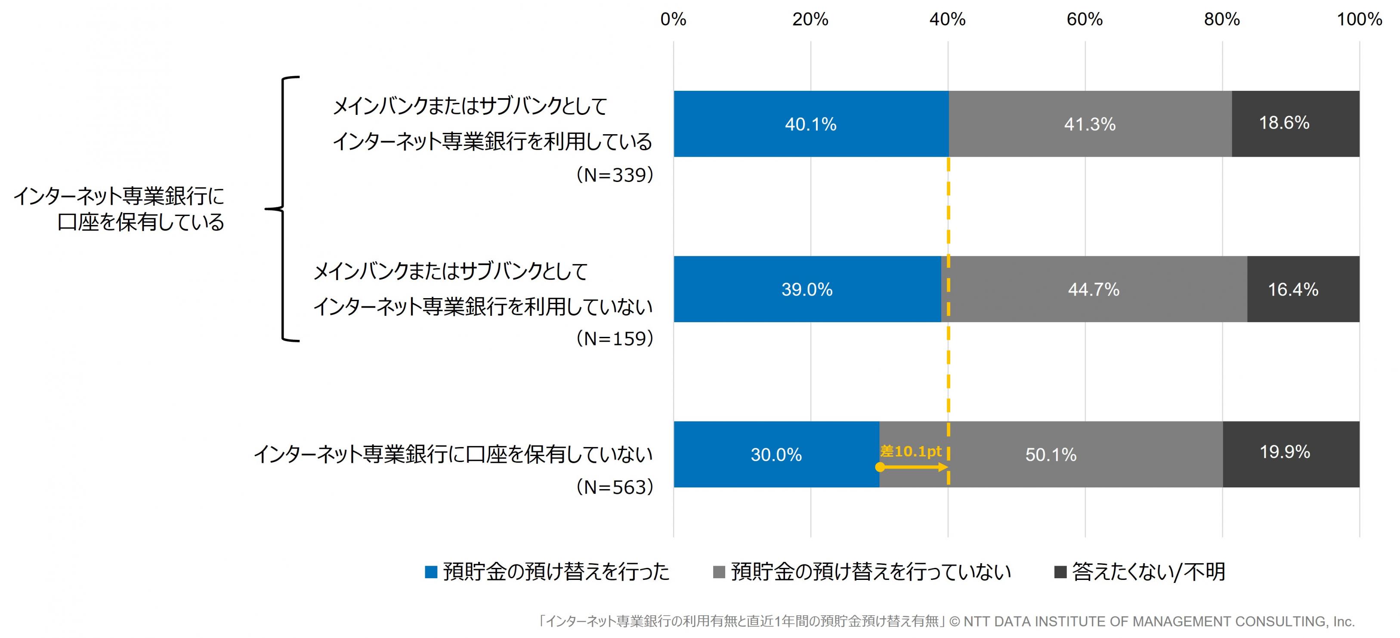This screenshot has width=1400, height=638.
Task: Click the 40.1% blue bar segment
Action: pos(810,124)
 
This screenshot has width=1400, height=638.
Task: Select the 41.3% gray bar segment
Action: pos(1090,124)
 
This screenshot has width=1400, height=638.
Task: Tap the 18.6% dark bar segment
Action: pos(1295,124)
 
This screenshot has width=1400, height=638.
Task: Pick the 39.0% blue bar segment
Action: pos(807,289)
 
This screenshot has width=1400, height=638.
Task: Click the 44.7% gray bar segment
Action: pos(1094,289)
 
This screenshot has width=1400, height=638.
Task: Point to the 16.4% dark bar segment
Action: pos(1303,289)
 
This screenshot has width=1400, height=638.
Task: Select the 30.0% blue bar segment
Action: pos(776,454)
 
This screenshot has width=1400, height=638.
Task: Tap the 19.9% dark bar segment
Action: pos(1291,454)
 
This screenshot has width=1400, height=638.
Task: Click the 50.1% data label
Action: pos(1051,455)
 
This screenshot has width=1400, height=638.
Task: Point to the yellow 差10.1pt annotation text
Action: pos(910,451)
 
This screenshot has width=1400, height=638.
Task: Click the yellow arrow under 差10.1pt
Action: pos(914,467)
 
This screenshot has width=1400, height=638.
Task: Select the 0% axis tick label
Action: pos(674,19)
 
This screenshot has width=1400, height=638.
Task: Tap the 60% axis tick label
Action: pos(1085,19)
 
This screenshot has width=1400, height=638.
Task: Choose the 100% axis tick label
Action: pos(1359,19)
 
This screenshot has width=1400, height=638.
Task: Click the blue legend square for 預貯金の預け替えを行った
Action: pos(431,572)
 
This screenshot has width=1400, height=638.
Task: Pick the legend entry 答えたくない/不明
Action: pos(1148,572)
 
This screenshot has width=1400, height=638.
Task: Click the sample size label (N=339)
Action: pos(615,175)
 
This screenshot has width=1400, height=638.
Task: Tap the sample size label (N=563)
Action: pos(615,487)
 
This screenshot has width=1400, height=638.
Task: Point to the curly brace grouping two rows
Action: pos(283,209)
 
